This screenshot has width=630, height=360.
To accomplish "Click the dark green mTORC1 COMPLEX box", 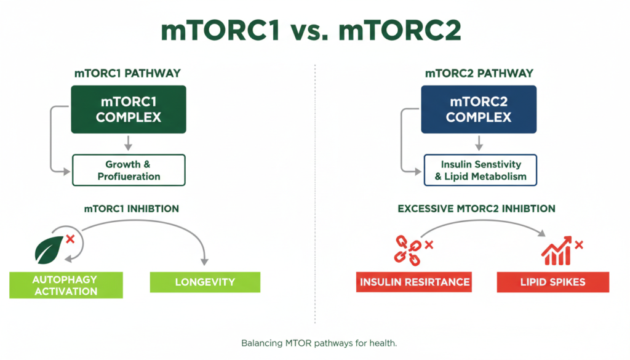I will tap(128, 110).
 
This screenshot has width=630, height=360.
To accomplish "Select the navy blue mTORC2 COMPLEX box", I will tap(478, 110).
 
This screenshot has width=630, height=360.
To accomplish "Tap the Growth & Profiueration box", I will tap(128, 170).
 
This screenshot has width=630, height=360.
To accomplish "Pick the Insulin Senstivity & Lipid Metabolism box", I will tap(480, 170).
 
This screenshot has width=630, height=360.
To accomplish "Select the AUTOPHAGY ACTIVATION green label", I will tap(66, 285).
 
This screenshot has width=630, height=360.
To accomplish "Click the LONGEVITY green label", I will tap(205, 282).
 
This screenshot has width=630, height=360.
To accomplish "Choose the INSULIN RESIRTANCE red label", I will tap(415, 282).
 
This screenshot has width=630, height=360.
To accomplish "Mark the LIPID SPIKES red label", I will tap(552, 282).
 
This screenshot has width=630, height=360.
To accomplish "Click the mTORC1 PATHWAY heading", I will tap(128, 73).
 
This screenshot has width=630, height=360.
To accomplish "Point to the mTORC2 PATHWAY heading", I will tap(479, 73).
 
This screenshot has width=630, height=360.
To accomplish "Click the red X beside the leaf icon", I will tap(70, 238).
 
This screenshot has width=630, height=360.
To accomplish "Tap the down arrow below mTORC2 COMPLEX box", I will tap(479, 143).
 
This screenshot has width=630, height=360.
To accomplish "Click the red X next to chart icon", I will tap(578, 245).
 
